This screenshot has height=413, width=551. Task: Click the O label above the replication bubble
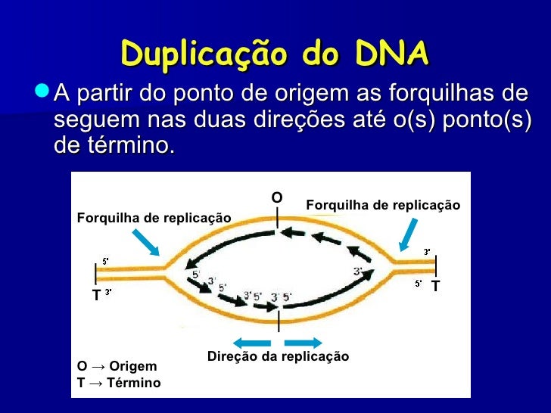pos(277,197)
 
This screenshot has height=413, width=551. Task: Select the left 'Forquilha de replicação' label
pos(154,218)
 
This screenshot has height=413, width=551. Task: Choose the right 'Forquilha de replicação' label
pos(383,205)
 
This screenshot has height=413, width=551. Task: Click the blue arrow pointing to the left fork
pos(145,242)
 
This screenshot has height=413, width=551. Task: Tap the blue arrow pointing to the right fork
pos(409,233)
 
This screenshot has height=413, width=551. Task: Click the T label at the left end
pos(96,296)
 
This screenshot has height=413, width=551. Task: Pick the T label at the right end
pos(435,286)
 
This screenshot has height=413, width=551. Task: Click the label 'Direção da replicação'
pos(278,356)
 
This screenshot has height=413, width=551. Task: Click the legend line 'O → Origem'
pos(117,366)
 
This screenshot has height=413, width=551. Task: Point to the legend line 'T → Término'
pos(119,383)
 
